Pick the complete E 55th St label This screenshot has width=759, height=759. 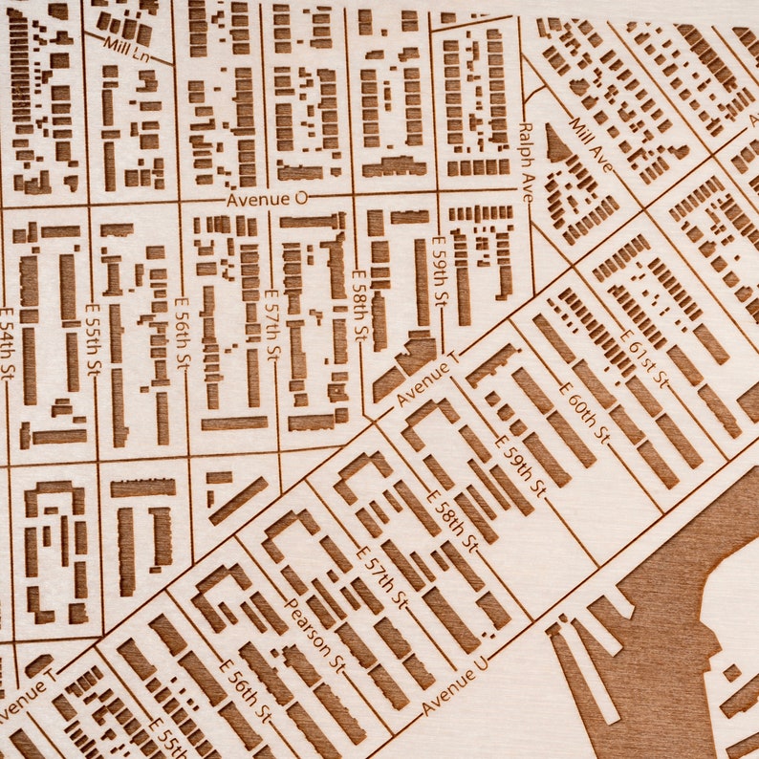pyautogui.click(x=93, y=338)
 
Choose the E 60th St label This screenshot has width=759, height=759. pyautogui.click(x=583, y=411)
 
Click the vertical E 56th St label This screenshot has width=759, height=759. pyautogui.click(x=182, y=333)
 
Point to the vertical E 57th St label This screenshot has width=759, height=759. pyautogui.click(x=272, y=325)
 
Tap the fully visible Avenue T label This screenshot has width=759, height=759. pyautogui.click(x=426, y=379)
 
